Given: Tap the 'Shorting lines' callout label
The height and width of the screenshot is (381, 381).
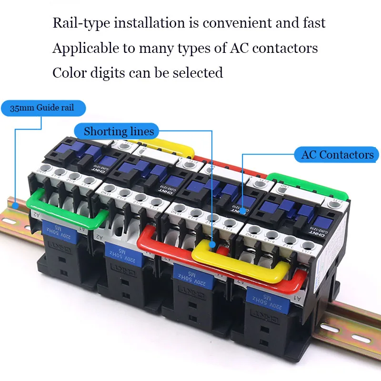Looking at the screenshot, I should (x=119, y=131).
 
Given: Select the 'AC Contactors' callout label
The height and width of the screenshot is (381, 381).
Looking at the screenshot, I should (x=337, y=155).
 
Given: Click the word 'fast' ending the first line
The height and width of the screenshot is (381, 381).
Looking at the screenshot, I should (x=314, y=23).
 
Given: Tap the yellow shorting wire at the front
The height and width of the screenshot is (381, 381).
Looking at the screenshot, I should (x=238, y=260).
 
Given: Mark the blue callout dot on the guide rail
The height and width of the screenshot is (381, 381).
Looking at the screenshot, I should (x=16, y=206).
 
